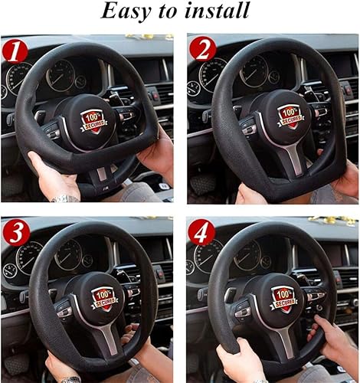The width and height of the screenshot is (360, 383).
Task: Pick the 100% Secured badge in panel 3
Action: click(x=103, y=298)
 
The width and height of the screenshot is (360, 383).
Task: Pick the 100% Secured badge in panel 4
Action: click(x=283, y=299)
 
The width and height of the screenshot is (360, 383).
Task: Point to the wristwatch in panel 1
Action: click(x=66, y=198)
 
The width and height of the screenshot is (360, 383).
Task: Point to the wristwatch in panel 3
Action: click(x=70, y=378)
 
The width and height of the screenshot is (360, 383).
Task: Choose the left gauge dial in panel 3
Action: click(x=29, y=257)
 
